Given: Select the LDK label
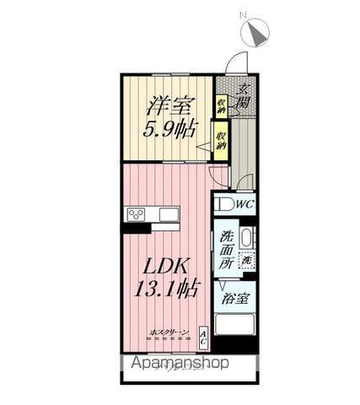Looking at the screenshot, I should [x=165, y=263].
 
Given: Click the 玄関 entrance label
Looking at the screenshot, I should [x=244, y=98].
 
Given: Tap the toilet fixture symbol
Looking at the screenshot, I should [x=223, y=203].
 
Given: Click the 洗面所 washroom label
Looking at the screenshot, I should [x=225, y=250].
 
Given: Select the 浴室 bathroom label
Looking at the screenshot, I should [x=234, y=297].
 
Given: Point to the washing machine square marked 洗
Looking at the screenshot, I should [x=247, y=261].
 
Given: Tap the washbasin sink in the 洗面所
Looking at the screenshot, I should [x=246, y=237].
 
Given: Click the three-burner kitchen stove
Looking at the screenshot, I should [x=137, y=214].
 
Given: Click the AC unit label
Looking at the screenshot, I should [x=204, y=337].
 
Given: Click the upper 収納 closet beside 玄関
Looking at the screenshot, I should [x=221, y=105].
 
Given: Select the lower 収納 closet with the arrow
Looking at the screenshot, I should [x=221, y=138].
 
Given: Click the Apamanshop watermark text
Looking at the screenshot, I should [x=179, y=364].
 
